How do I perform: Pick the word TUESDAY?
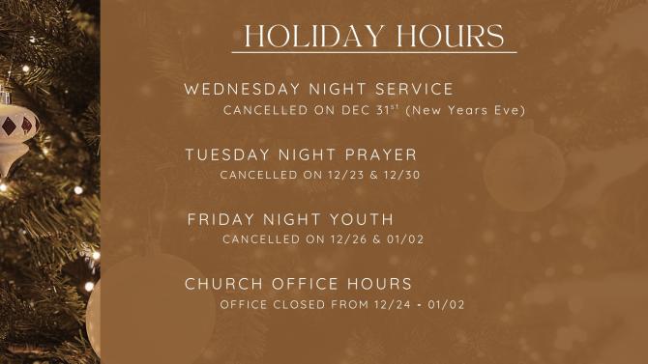pos(221,154)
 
